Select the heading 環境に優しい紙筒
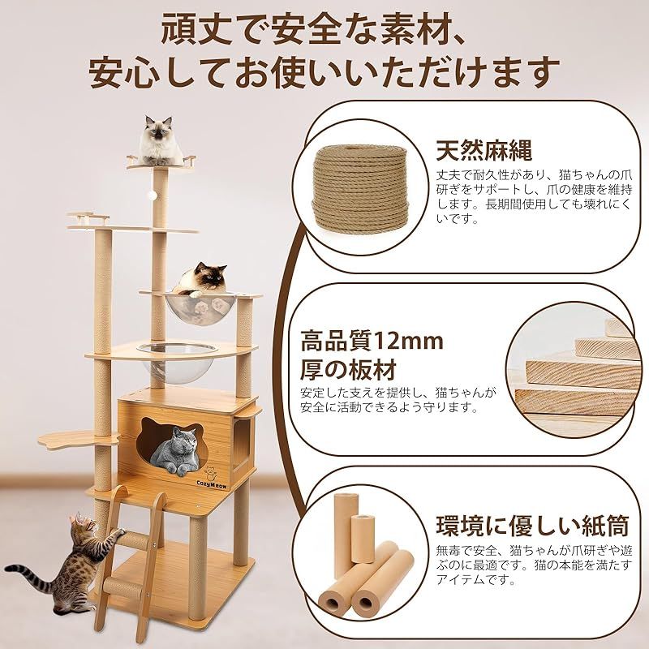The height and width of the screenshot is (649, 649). click(x=532, y=525)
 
